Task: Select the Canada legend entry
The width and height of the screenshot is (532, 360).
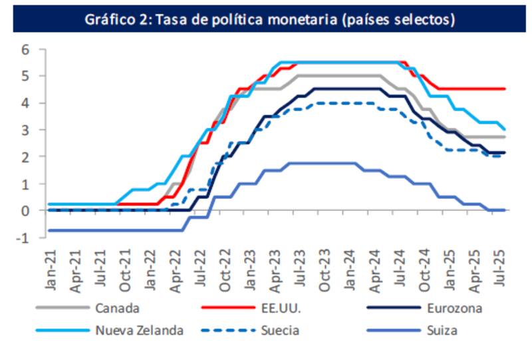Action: (x=116, y=308)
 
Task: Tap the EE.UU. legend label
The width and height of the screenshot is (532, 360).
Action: (x=281, y=308)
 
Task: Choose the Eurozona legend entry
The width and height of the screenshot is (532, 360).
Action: (x=456, y=308)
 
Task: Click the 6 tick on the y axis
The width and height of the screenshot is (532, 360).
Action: (x=25, y=49)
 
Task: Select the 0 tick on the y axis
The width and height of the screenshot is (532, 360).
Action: (x=25, y=210)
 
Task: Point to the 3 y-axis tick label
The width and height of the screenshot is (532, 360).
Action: (x=25, y=130)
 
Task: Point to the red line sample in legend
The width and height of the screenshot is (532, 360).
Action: (x=227, y=308)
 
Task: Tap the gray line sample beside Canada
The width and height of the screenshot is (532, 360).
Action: (x=63, y=308)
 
